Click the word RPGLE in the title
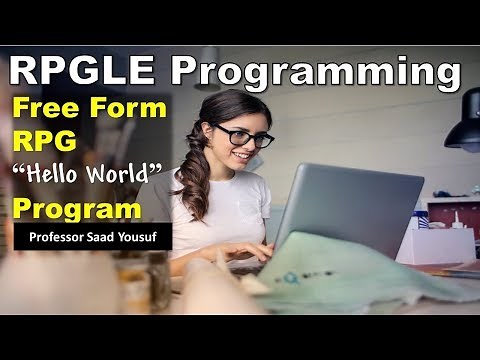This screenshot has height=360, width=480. [x=83, y=71]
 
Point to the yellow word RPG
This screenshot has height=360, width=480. [x=41, y=143]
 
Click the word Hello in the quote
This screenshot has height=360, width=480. [x=61, y=177]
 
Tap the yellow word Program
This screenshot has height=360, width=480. [x=77, y=209]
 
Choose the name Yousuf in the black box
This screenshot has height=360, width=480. [x=145, y=238]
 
